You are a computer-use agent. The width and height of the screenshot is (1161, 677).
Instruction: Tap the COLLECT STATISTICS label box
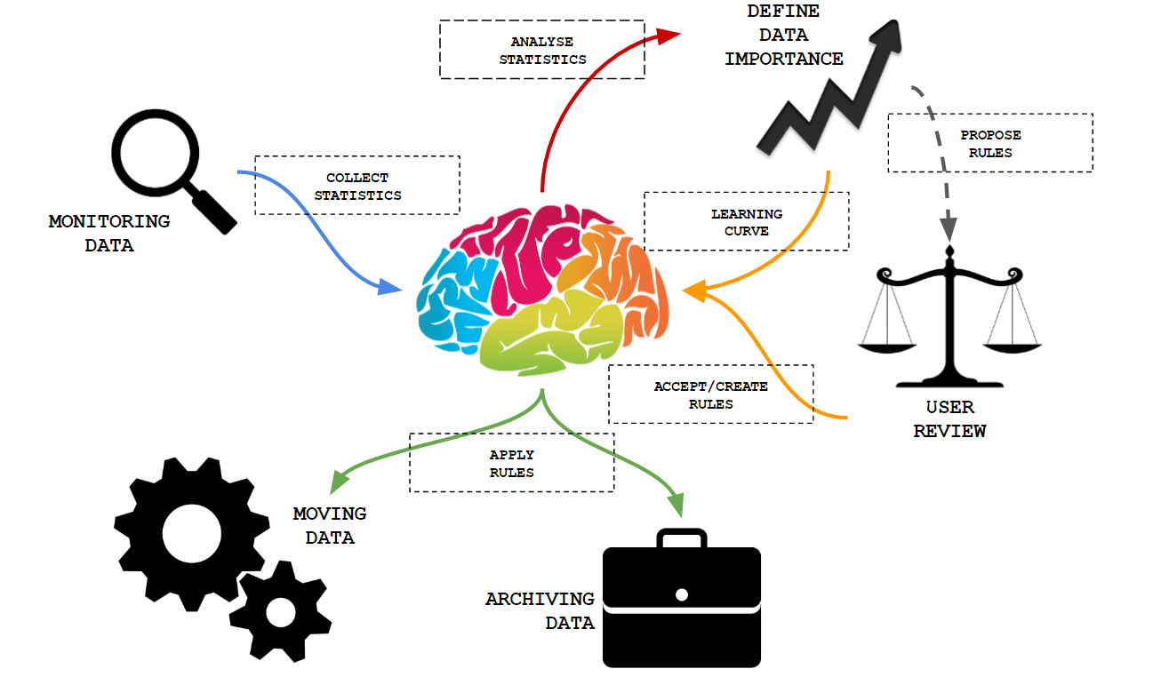[x=357, y=186]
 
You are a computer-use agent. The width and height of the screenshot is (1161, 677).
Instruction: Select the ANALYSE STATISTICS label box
[x=542, y=50]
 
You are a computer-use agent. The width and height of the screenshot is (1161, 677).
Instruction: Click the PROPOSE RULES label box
[x=990, y=143]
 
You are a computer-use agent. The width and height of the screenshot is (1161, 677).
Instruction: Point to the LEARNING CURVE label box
[x=747, y=222]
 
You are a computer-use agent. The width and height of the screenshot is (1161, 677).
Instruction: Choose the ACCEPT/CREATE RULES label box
[x=710, y=394]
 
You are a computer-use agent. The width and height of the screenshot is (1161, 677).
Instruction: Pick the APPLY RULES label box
[x=511, y=463]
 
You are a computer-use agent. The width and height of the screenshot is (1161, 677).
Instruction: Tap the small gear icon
[x=281, y=610]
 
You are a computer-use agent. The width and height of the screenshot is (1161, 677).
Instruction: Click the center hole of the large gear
[x=192, y=534]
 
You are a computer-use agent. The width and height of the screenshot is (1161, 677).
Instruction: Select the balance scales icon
[x=949, y=320]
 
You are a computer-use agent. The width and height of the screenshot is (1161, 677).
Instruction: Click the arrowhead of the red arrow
[x=669, y=35]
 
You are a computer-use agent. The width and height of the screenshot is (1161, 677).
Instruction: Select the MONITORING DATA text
[x=109, y=233]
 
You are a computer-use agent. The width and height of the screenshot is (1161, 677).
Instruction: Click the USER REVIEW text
[x=949, y=419]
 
